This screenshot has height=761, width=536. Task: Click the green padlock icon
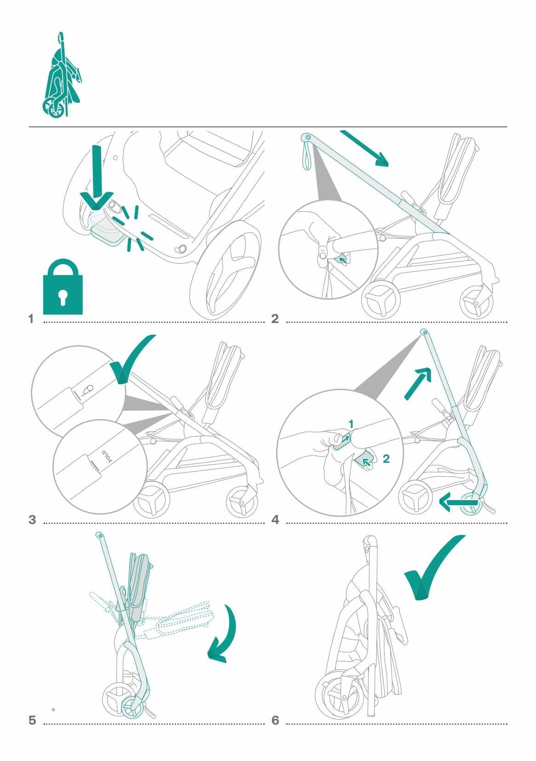63,288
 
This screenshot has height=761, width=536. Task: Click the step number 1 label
31,319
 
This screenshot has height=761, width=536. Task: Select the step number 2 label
275,319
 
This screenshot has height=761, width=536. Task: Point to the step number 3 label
32,520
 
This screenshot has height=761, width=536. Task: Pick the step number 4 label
275,520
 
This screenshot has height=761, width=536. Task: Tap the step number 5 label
32,720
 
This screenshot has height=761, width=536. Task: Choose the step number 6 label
275,720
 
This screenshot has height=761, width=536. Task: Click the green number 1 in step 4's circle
351,424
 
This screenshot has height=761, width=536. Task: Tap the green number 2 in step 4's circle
386,459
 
